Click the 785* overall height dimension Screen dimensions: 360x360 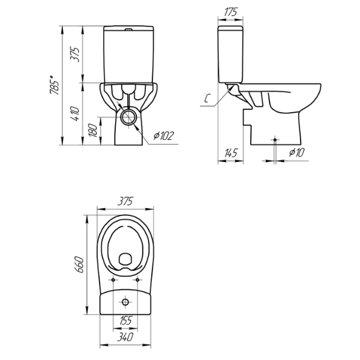coord(54,85)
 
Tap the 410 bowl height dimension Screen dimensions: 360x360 coord(75,113)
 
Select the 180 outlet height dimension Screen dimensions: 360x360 coord(93,130)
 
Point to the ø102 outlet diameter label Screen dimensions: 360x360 coord(163,136)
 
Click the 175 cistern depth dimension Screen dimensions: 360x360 coord(230,12)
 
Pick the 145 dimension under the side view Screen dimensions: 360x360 coord(230,152)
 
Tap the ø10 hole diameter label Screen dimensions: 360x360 coord(296,152)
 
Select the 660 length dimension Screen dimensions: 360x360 coord(80,264)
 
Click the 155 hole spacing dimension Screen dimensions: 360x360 coord(125,320)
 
